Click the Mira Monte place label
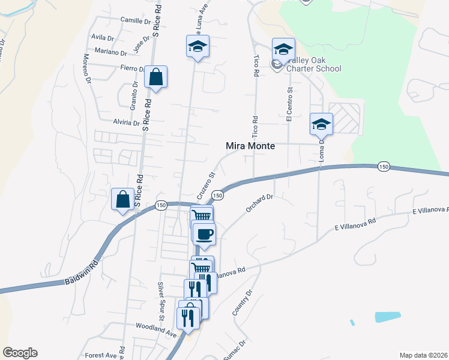[x=250, y=145]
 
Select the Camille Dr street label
[x=135, y=20]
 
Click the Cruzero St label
[x=206, y=187]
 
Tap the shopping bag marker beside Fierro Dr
[x=155, y=77]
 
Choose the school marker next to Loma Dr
[x=321, y=124]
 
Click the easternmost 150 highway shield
[x=384, y=166]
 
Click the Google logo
[x=20, y=353]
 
